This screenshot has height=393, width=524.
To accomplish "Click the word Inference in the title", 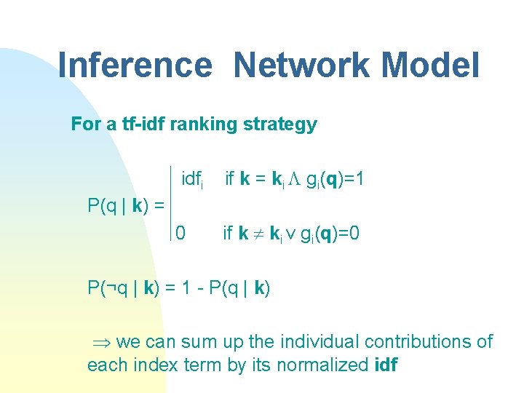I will coord(133,65).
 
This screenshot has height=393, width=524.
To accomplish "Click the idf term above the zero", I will coord(191,179).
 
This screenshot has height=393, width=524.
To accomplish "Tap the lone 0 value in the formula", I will coord(180,233).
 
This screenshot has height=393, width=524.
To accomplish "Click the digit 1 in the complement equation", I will coord(181,288).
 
